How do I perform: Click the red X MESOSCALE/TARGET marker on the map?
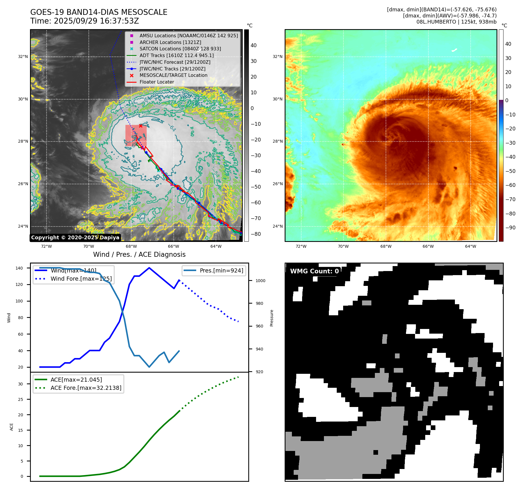coord(141,126)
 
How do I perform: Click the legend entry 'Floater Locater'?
coord(157,82)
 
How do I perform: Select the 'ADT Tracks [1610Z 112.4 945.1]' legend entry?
coord(176,55)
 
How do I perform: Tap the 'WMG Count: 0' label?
coord(314,271)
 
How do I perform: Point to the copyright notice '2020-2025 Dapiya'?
coord(75,238)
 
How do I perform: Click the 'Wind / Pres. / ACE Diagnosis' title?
coord(139,254)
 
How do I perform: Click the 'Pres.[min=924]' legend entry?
coord(221,270)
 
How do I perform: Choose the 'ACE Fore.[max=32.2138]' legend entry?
coord(86,388)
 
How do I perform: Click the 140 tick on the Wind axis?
coord(19,268)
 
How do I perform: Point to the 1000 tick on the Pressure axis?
coord(260,281)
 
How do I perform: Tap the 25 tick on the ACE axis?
coord(20,399)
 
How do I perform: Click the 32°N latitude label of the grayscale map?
coord(23,56)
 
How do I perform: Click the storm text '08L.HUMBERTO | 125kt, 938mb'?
coord(456,22)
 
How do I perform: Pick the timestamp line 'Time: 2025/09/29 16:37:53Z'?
coord(84,21)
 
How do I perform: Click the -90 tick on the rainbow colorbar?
coord(510,228)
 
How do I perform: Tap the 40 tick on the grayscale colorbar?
coord(253,45)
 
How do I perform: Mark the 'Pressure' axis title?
coord(272,318)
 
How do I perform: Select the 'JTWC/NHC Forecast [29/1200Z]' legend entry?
coord(175,62)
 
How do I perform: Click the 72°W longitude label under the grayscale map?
coord(46,246)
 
